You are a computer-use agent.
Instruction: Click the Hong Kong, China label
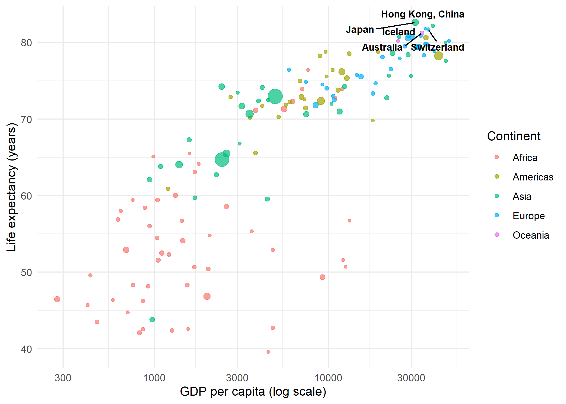click(x=422, y=14)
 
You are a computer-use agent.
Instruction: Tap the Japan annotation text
click(x=360, y=29)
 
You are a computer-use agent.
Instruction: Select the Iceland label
click(x=398, y=32)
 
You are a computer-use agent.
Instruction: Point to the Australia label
click(x=382, y=47)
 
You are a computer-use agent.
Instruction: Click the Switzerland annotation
click(x=437, y=47)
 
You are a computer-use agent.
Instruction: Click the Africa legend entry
click(x=524, y=158)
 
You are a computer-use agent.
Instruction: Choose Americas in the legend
click(x=533, y=177)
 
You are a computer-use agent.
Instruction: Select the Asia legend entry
click(x=522, y=196)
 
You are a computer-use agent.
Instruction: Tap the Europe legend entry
click(x=528, y=216)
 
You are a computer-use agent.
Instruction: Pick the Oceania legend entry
click(x=530, y=235)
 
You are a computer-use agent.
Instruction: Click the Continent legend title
click(x=513, y=136)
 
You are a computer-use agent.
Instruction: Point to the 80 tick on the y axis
click(x=26, y=43)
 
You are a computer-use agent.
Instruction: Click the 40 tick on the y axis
click(x=26, y=349)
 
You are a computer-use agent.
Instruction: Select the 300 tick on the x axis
click(x=63, y=378)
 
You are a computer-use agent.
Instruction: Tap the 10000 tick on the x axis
click(x=328, y=378)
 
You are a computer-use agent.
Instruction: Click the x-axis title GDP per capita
click(x=253, y=392)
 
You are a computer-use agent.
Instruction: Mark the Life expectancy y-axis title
click(x=12, y=187)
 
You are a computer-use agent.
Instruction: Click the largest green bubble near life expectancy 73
click(x=275, y=96)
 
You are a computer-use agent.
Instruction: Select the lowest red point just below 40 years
click(x=268, y=352)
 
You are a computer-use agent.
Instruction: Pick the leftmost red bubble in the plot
click(x=57, y=299)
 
